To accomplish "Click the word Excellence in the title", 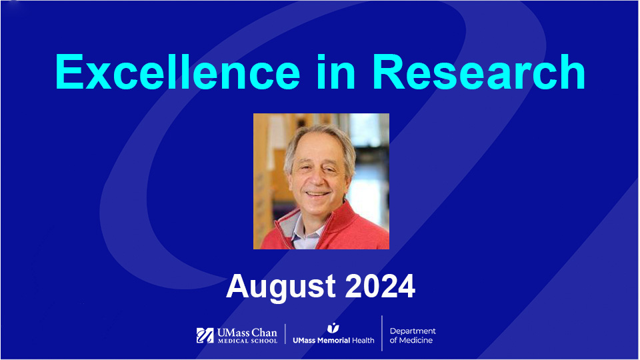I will click(x=177, y=72).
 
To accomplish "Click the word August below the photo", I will click(x=280, y=286).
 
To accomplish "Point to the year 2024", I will click(x=379, y=286).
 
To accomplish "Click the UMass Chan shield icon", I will click(x=205, y=335).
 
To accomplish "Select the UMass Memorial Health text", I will click(x=333, y=340).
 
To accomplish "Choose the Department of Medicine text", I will click(x=413, y=335).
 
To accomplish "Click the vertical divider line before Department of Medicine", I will click(x=382, y=333).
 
